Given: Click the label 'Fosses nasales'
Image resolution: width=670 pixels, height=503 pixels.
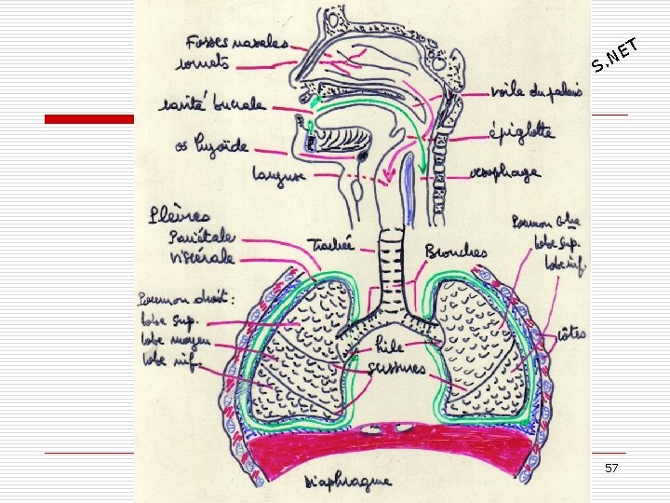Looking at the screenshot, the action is [235, 43].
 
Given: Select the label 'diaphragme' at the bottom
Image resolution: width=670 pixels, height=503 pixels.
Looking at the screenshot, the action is [351, 483].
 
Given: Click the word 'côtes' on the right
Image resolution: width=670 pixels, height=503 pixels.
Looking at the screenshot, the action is [571, 333].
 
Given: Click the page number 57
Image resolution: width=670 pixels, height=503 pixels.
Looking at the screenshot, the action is [611, 467].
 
